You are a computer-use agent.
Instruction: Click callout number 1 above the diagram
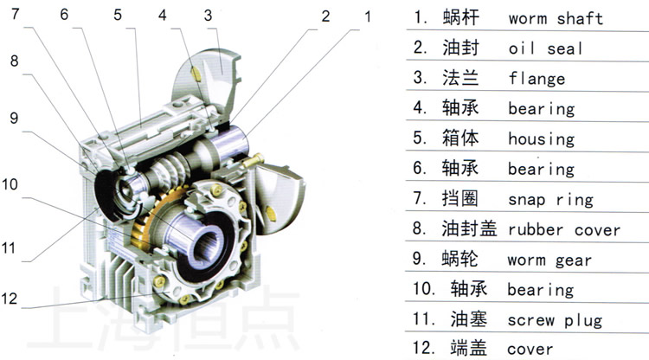click(x=367, y=16)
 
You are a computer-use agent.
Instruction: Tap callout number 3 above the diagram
click(x=208, y=15)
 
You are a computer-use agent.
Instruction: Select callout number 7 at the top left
click(x=13, y=15)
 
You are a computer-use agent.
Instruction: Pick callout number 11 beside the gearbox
click(x=10, y=247)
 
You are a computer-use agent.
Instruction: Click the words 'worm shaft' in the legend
click(x=556, y=18)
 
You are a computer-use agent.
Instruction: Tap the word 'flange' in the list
click(x=537, y=79)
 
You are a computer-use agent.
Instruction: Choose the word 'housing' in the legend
click(x=541, y=139)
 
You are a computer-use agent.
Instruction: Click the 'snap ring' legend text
click(x=550, y=200)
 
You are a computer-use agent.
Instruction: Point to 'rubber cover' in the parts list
click(x=564, y=230)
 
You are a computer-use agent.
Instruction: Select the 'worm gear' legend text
click(x=550, y=260)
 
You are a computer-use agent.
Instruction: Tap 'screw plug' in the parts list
click(x=555, y=319)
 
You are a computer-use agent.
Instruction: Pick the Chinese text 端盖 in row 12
click(x=468, y=349)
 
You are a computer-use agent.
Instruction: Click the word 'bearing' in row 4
click(x=541, y=109)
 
